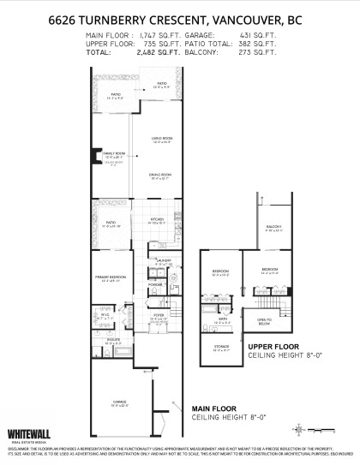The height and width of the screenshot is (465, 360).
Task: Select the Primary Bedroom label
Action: [x=109, y=277]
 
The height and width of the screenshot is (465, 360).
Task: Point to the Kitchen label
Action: [x=157, y=222]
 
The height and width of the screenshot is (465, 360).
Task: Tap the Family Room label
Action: [x=115, y=154]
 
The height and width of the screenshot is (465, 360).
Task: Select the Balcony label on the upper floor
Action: [x=273, y=226]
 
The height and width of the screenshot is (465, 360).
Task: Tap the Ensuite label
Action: [x=112, y=340]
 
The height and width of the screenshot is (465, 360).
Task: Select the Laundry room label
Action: [x=165, y=259]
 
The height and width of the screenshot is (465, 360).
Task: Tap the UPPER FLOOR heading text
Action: [x=273, y=346]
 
